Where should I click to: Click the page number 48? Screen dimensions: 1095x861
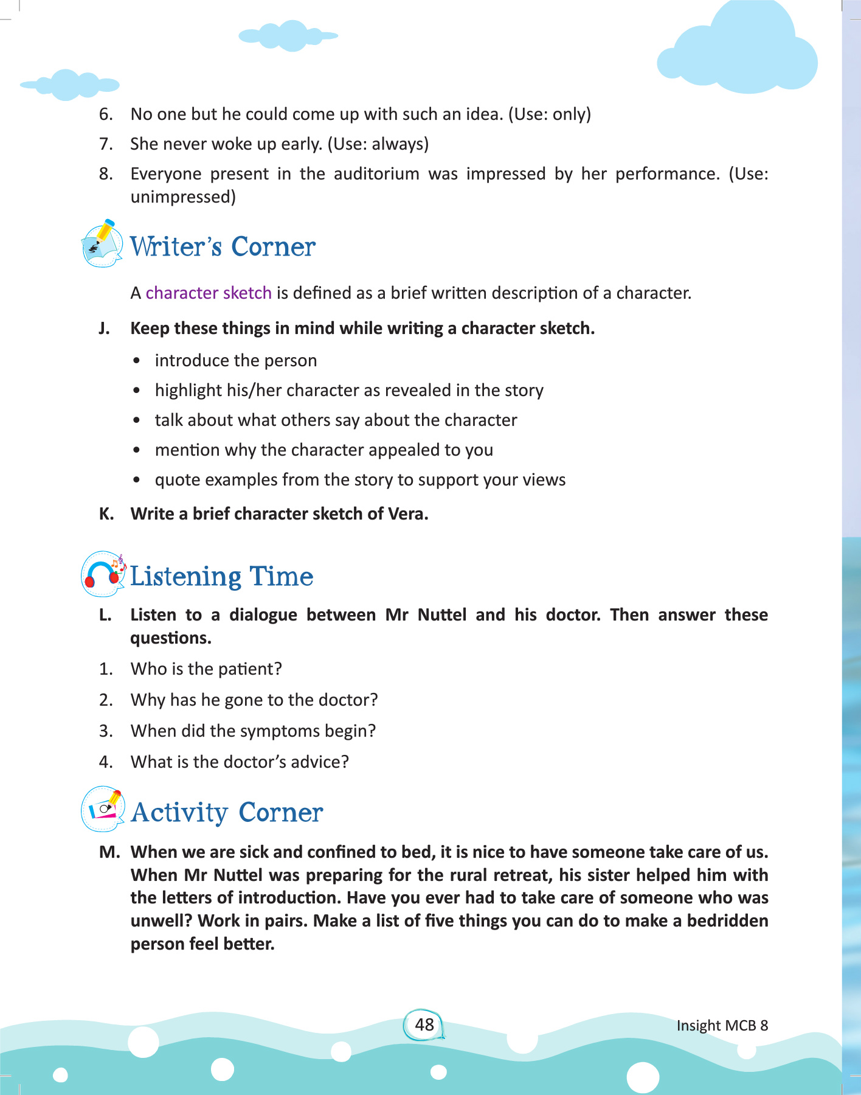(x=424, y=1025)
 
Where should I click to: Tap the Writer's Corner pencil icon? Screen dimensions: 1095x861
(x=102, y=244)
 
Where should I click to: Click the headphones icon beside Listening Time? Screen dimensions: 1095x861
(x=102, y=574)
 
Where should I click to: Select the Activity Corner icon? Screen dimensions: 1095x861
(x=102, y=809)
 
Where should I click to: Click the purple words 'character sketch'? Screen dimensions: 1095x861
(x=209, y=293)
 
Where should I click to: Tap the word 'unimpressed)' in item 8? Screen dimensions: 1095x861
(x=183, y=197)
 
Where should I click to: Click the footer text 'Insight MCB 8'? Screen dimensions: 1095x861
(x=722, y=1026)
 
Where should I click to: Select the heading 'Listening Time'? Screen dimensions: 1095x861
(x=221, y=577)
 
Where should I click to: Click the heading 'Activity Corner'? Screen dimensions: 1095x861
(x=227, y=813)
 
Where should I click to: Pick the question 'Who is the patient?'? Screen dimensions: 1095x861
(x=206, y=669)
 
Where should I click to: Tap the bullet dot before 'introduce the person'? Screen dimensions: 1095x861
(x=137, y=361)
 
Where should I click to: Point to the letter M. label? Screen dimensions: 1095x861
(x=109, y=852)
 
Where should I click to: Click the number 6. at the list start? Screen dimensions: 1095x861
(x=106, y=114)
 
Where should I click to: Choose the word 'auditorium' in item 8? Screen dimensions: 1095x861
(x=376, y=175)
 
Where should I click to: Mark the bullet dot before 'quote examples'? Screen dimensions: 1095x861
(x=137, y=480)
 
